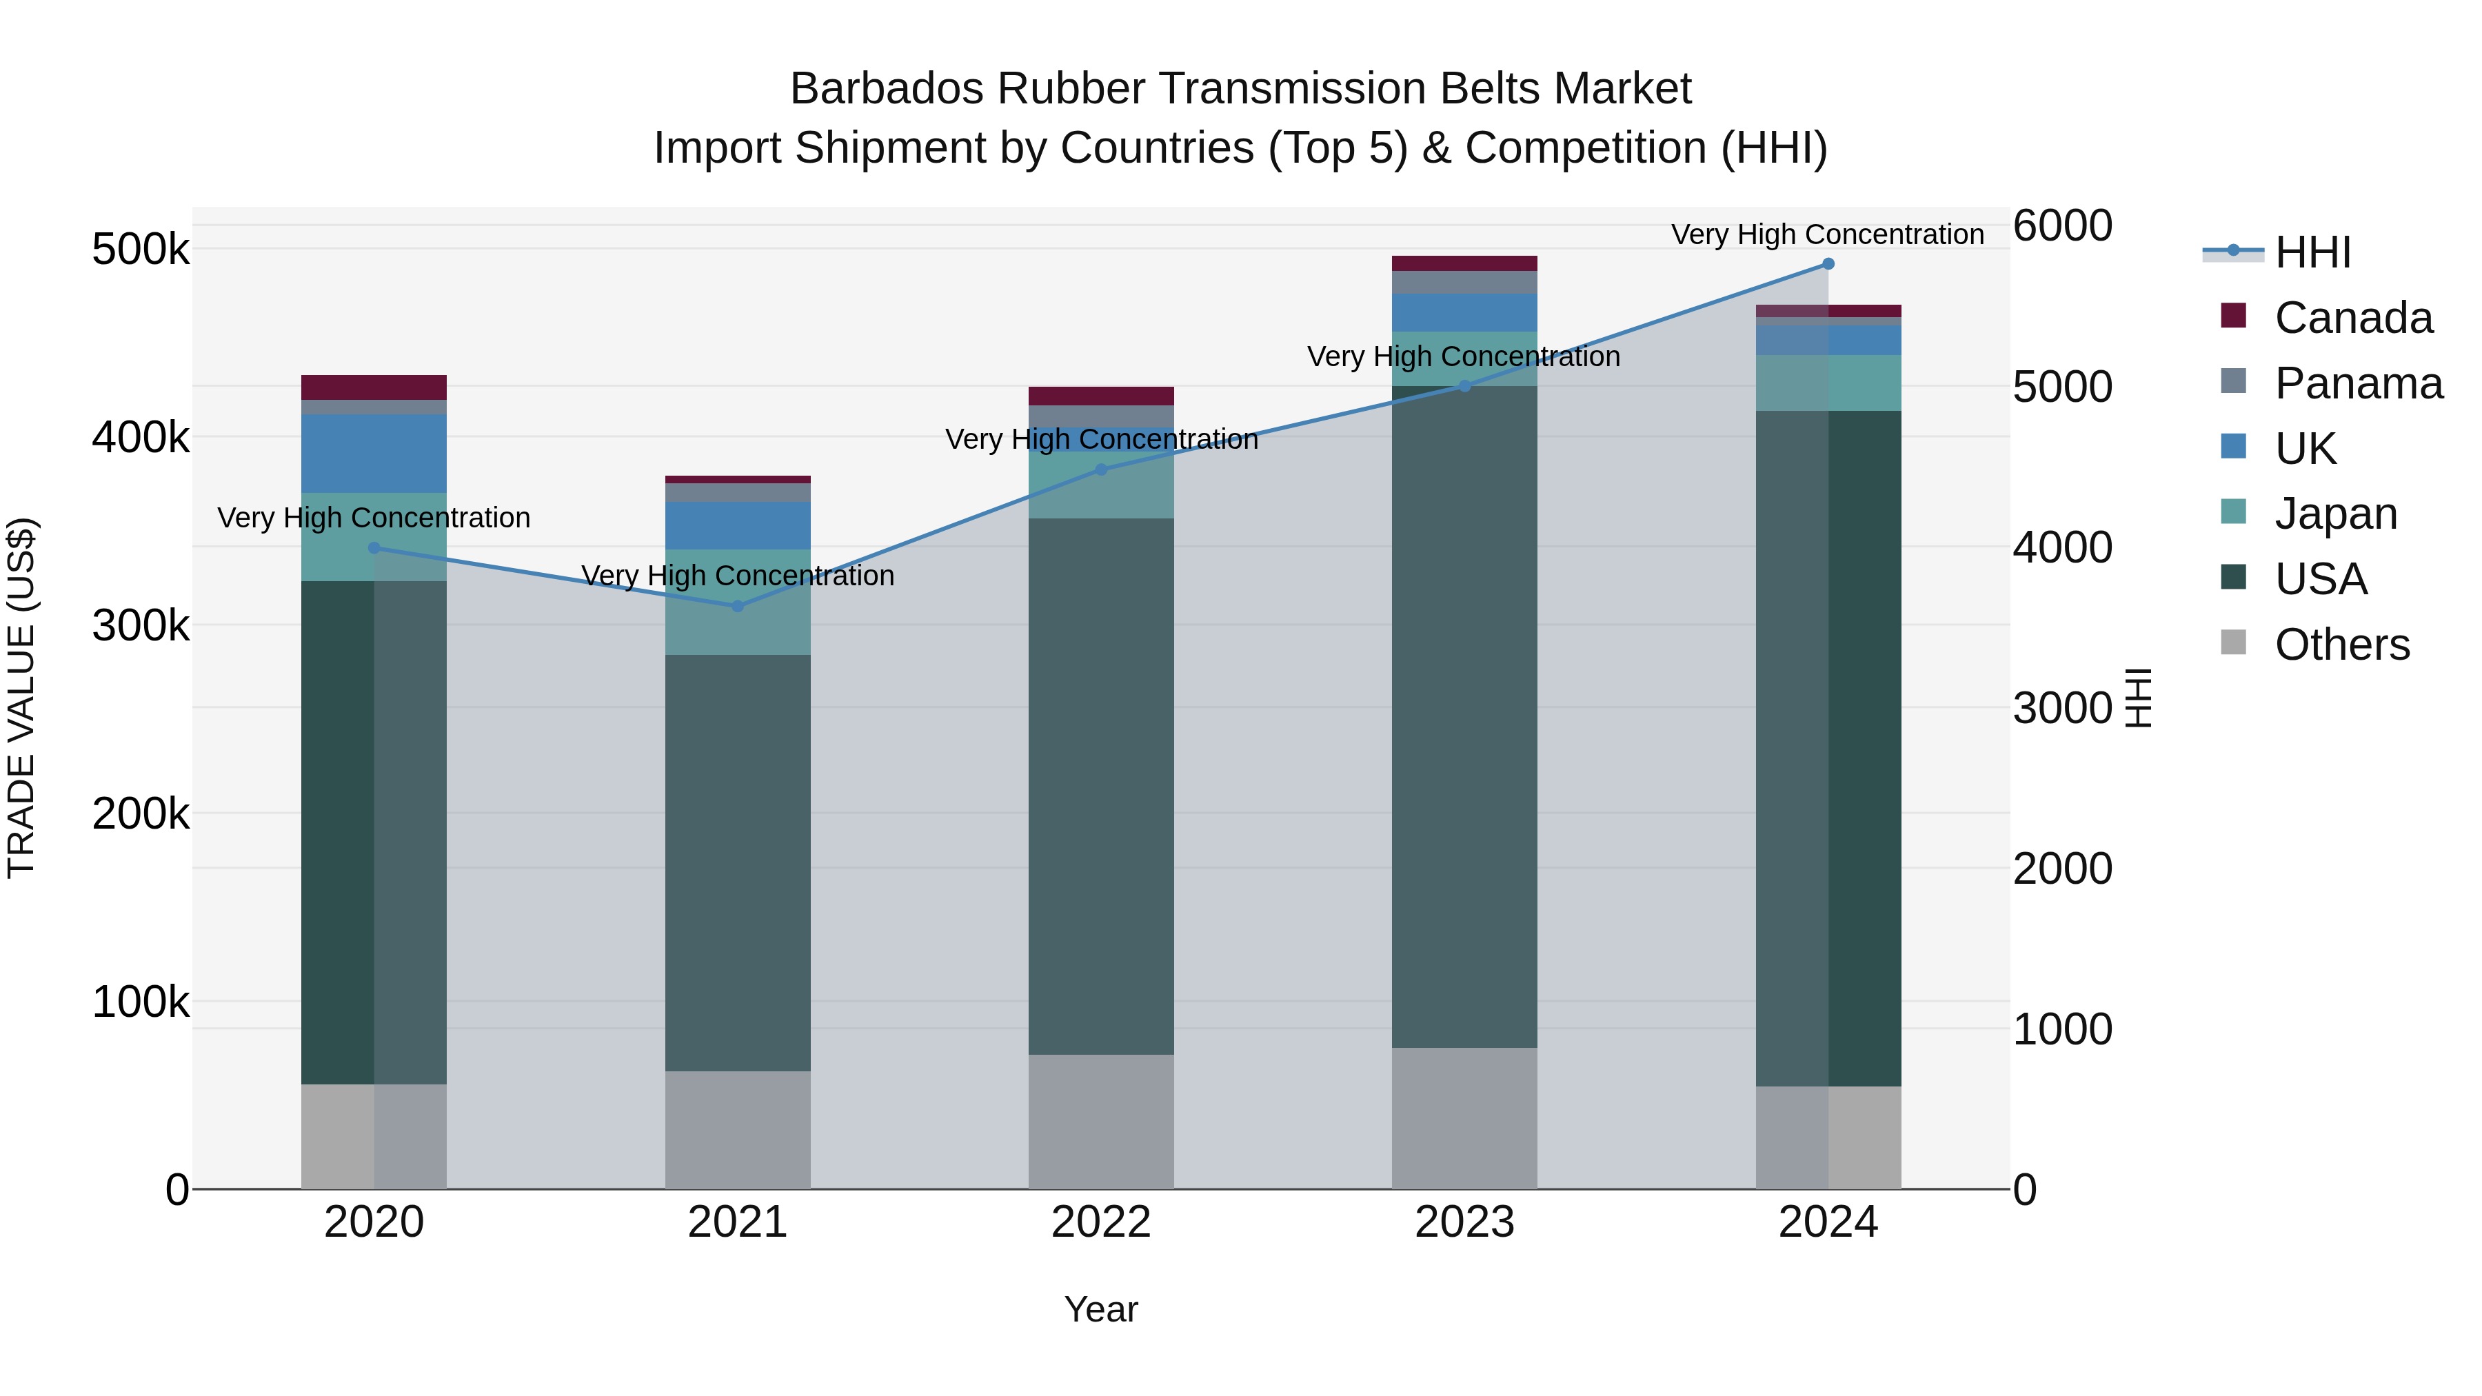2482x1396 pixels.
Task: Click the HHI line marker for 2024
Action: (1828, 264)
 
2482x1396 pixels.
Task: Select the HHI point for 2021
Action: (738, 606)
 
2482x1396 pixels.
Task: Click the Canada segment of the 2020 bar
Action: (374, 387)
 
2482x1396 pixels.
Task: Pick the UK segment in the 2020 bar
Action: (374, 454)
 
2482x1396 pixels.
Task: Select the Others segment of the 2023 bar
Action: (1464, 1117)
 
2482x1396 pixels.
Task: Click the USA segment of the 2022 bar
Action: (1101, 786)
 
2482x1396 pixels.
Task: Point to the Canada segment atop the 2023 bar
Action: (1464, 264)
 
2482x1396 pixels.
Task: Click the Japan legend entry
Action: (2336, 514)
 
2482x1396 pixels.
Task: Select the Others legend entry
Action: (2341, 645)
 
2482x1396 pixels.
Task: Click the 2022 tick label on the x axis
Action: (1101, 1222)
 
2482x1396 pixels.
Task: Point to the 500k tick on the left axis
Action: (141, 250)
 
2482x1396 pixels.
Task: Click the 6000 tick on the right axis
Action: (2063, 226)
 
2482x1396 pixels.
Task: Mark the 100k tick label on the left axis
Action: (141, 1002)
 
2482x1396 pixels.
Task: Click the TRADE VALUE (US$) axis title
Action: (21, 698)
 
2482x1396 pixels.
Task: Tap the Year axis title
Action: (1101, 1309)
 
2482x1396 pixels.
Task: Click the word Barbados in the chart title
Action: (887, 89)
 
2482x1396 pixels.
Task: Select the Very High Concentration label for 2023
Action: (1464, 356)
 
